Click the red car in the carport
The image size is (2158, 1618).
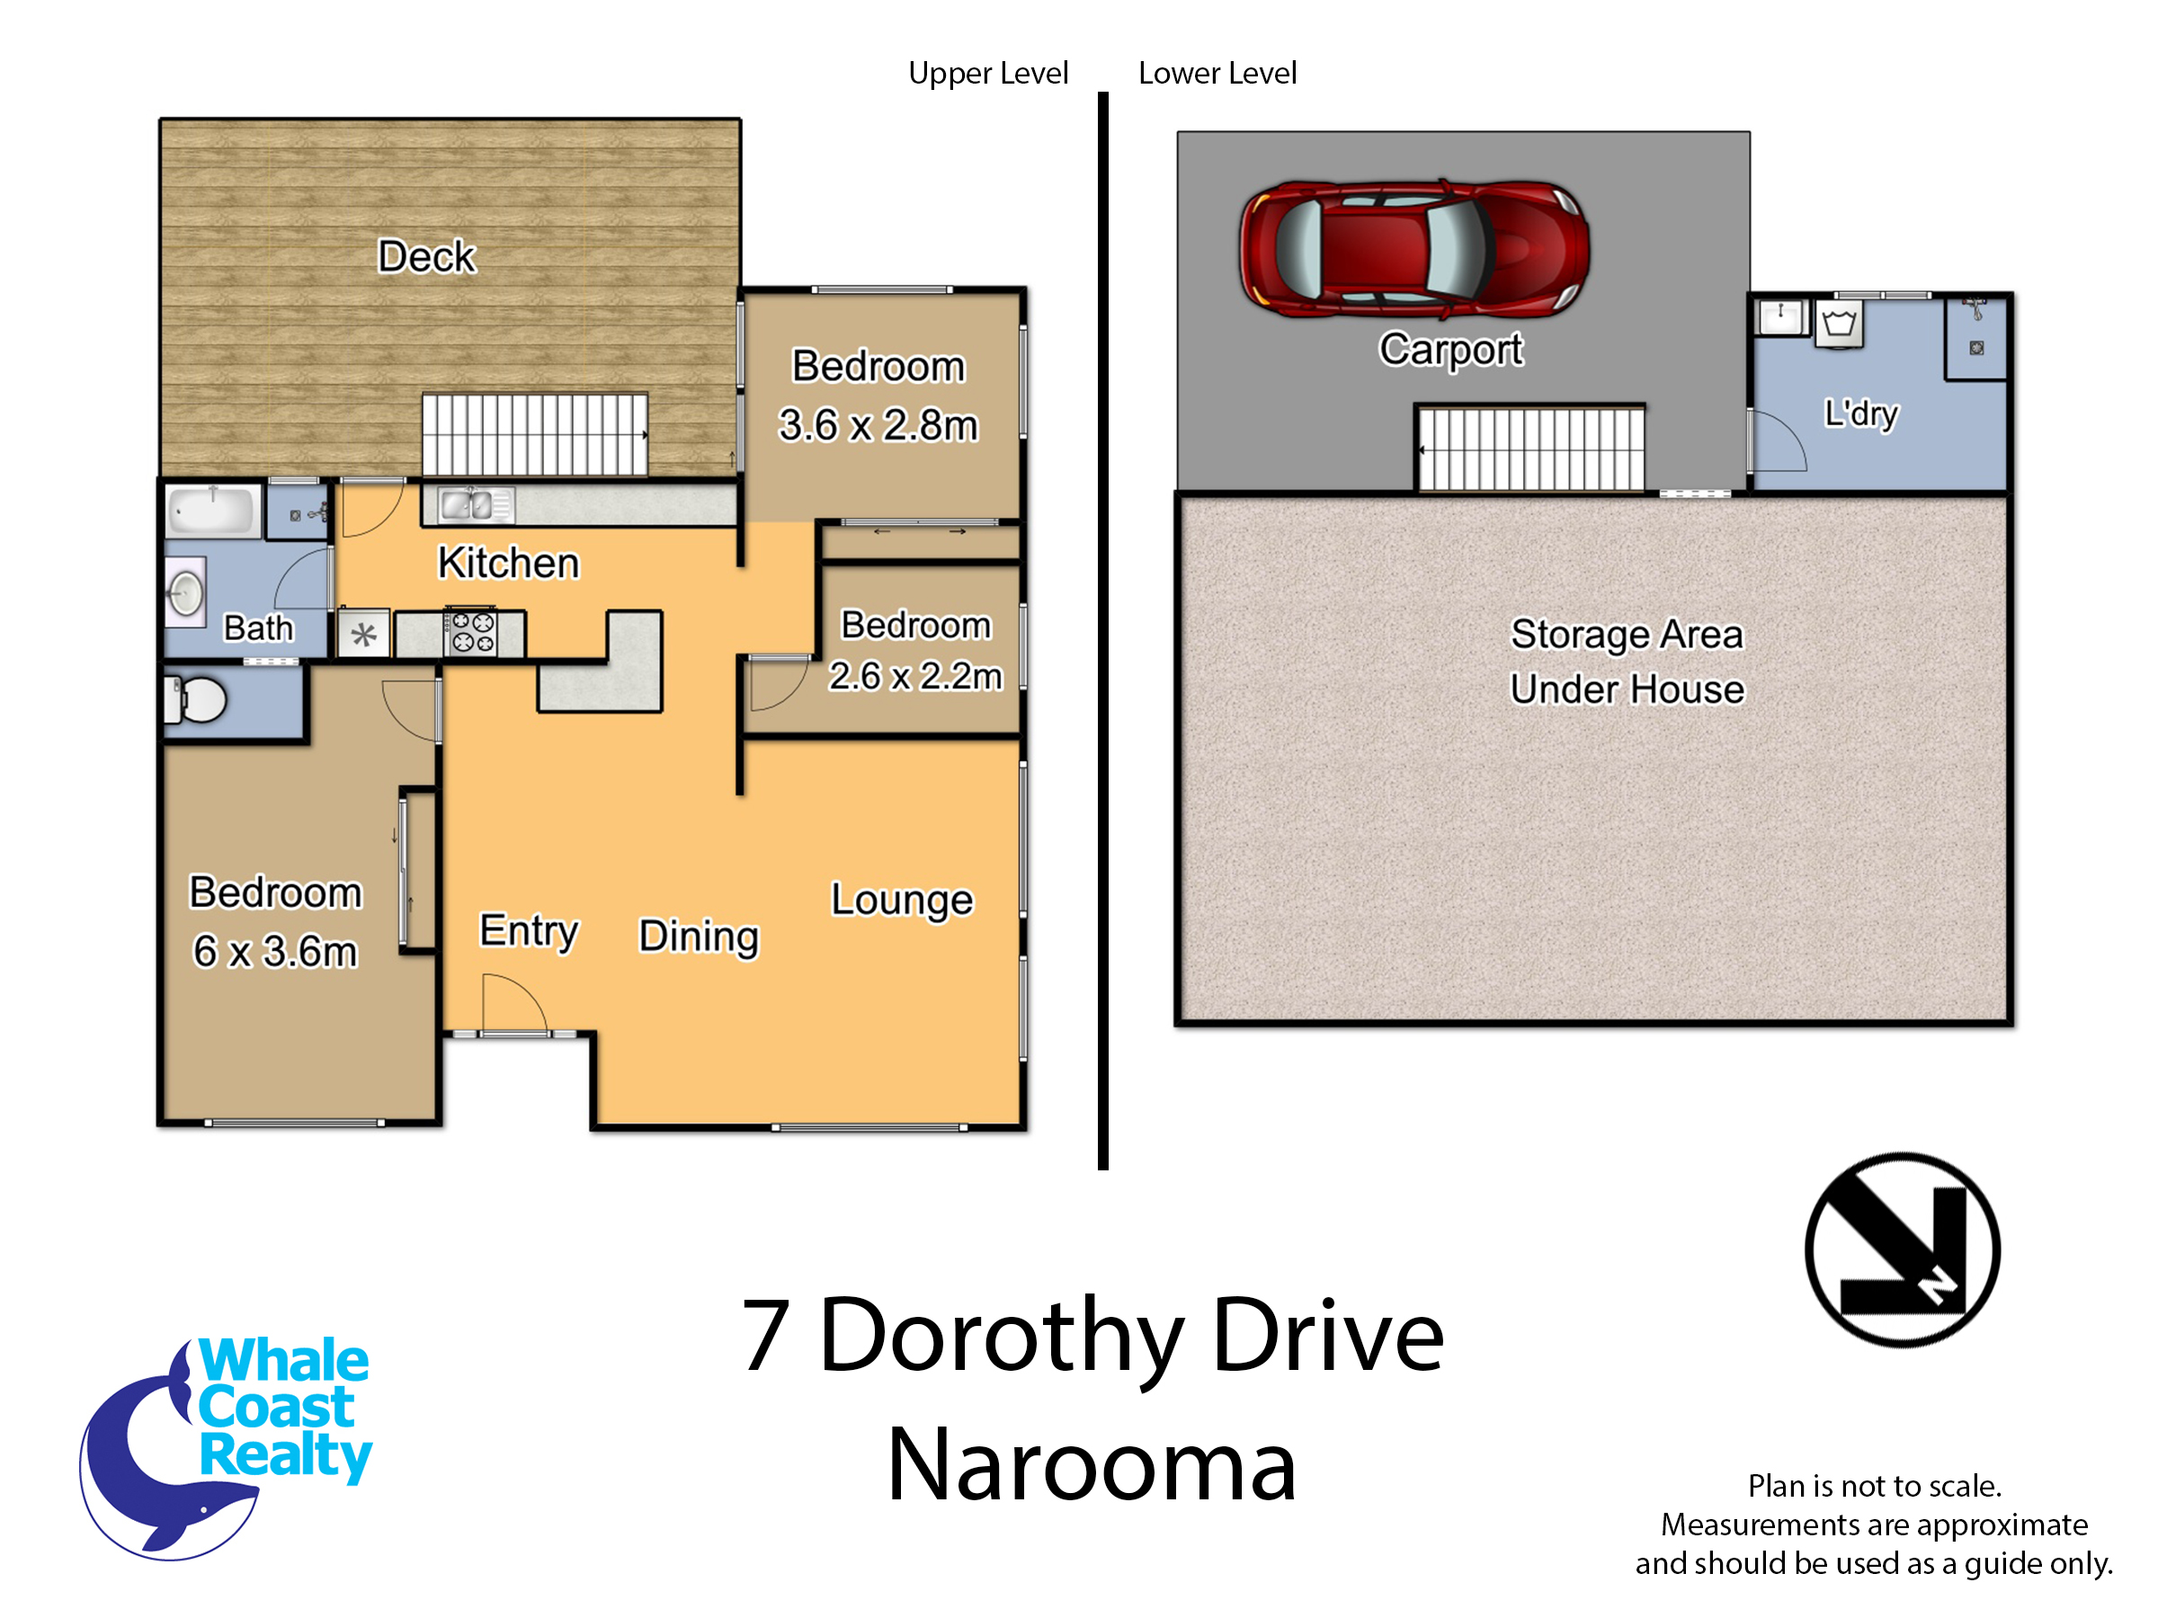(x=1413, y=249)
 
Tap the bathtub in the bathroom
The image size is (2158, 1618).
(x=213, y=510)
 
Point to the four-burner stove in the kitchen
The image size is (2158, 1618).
(x=472, y=631)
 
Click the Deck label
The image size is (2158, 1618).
(x=426, y=256)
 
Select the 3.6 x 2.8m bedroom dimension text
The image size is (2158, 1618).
(x=878, y=425)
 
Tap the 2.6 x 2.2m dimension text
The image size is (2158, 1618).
(x=915, y=675)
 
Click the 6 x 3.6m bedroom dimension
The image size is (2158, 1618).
(x=275, y=951)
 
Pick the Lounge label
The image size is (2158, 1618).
(x=902, y=900)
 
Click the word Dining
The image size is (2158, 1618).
(x=699, y=937)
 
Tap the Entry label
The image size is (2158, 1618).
(x=529, y=930)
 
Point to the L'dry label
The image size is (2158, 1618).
(x=1861, y=413)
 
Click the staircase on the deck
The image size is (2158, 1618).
(x=535, y=434)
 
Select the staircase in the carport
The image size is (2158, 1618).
(x=1530, y=449)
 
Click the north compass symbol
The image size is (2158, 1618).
(x=1903, y=1249)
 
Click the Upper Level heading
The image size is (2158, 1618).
(x=988, y=73)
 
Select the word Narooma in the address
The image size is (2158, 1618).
(x=1092, y=1465)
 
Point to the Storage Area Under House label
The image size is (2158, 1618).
(x=1627, y=662)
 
